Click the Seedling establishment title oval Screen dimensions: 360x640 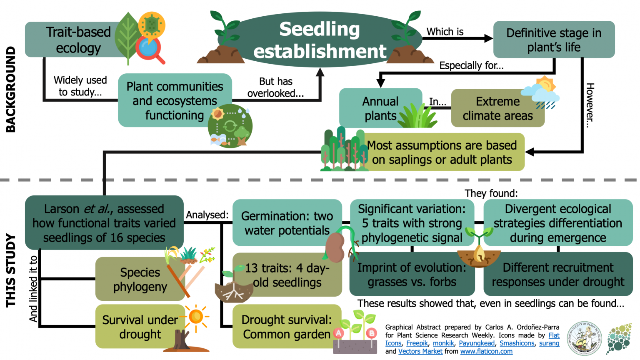tap(320, 40)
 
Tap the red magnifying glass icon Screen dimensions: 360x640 tap(150, 50)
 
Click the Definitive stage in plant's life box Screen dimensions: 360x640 tap(553, 40)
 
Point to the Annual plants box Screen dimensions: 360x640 tap(380, 108)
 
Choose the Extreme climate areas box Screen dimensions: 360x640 tap(497, 108)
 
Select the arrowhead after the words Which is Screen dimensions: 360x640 tap(488, 38)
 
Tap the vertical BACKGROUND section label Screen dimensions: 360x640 tap(11, 89)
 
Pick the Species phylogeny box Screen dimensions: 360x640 tap(140, 279)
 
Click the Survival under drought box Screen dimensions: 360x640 tap(140, 327)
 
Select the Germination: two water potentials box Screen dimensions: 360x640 tap(287, 223)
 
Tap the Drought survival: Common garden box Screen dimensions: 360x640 tap(287, 327)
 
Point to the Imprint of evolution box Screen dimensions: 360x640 tap(412, 275)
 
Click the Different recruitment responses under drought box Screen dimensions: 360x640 tap(557, 275)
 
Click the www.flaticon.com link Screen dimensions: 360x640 tap(486, 351)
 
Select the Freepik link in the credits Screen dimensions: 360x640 tap(417, 343)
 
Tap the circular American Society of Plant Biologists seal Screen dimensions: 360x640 tap(586, 338)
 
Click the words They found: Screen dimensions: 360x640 tap(491, 193)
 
